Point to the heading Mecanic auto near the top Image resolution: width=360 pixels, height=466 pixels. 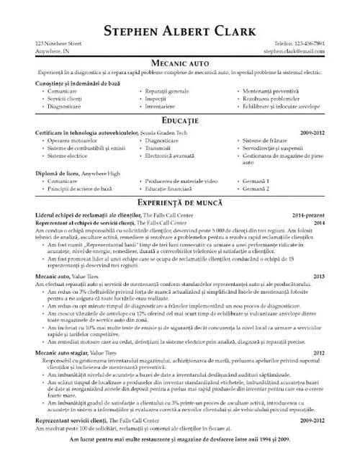(179, 63)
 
